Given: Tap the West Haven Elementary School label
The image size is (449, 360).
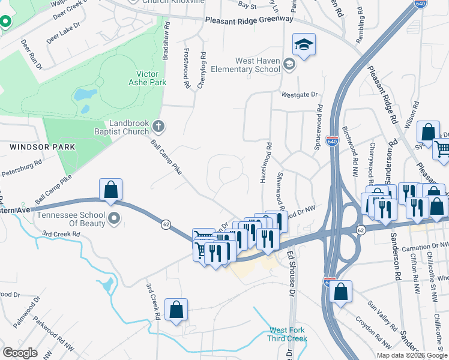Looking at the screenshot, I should [258, 65].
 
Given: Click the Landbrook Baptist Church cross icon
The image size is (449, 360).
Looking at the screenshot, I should [159, 126].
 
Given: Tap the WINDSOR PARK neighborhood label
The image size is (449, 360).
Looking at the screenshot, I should [42, 146].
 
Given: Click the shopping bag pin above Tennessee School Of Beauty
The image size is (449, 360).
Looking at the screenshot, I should [111, 190].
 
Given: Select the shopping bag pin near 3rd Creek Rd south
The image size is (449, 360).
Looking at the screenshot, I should [176, 310].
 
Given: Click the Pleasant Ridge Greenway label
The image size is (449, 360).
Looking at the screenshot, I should [249, 19].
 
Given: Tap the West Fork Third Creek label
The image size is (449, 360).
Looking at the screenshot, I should [288, 334].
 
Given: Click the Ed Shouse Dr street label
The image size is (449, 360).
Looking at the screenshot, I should [291, 272].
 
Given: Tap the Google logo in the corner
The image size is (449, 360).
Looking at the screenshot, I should [20, 353].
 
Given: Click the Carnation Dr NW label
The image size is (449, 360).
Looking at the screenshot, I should [427, 245].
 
